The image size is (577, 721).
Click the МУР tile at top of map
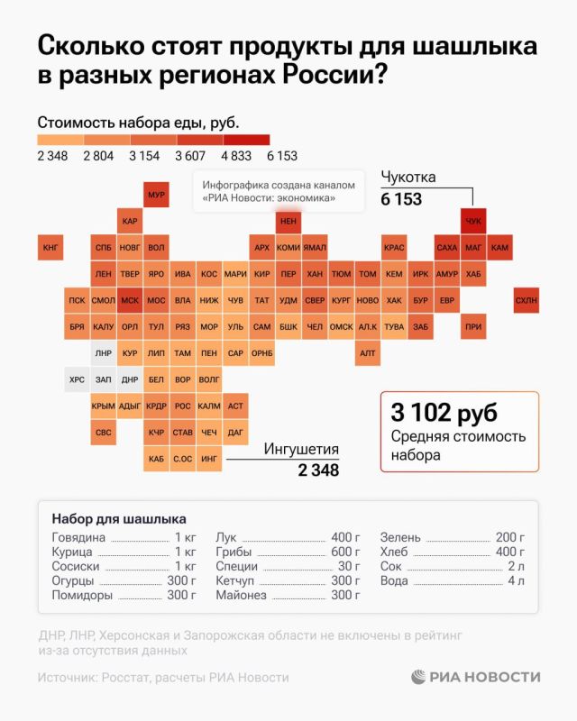click(x=156, y=195)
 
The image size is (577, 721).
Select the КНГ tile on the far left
click(x=50, y=247)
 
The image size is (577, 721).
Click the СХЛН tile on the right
click(x=526, y=300)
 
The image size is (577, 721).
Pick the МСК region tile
click(x=129, y=300)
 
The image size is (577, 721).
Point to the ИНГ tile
click(x=208, y=460)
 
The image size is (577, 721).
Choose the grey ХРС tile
click(x=77, y=380)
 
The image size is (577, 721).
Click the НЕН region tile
click(x=288, y=221)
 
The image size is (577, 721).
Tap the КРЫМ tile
click(x=103, y=406)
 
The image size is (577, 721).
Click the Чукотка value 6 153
click(x=401, y=199)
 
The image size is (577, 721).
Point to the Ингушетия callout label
click(x=301, y=449)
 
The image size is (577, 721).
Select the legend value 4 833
click(x=236, y=156)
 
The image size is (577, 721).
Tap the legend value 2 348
click(x=53, y=156)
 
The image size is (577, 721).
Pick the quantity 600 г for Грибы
click(x=345, y=552)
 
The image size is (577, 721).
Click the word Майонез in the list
click(x=242, y=596)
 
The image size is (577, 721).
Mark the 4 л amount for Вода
click(x=516, y=581)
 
